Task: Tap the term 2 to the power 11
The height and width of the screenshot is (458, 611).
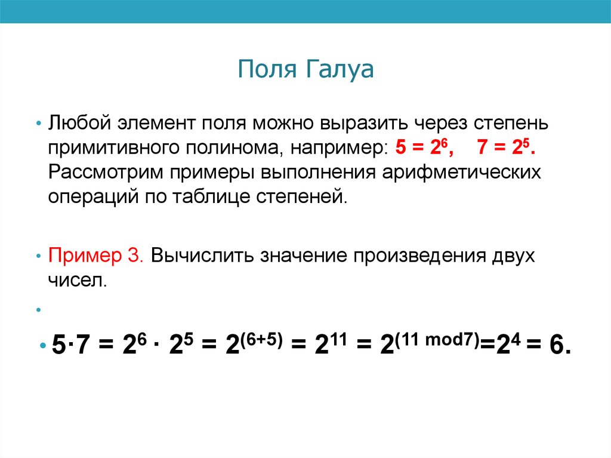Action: (x=331, y=345)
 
